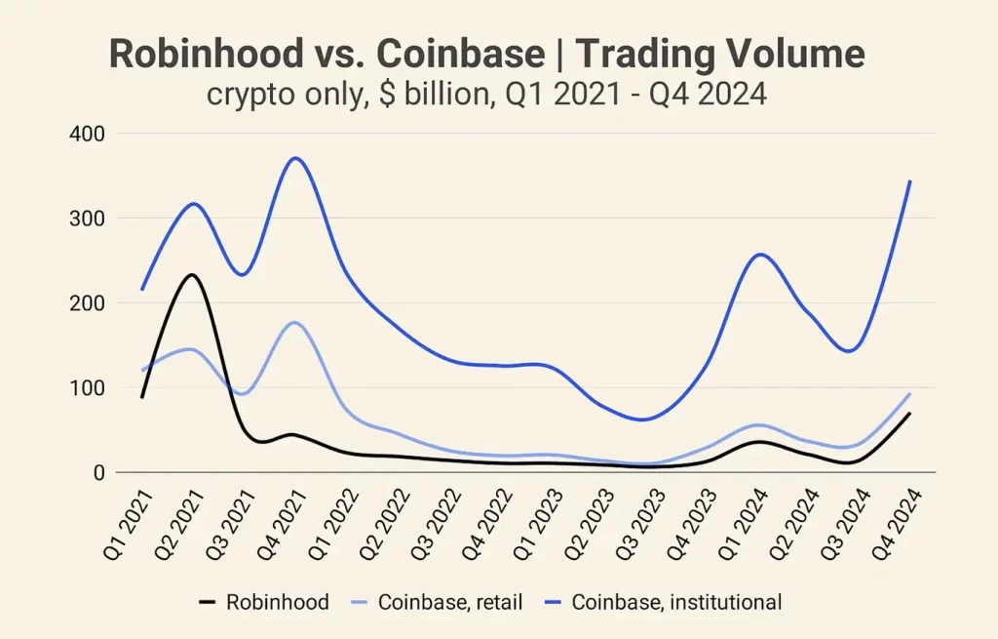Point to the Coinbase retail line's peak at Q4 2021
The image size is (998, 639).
coord(295,322)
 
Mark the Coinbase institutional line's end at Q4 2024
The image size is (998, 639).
coord(910,180)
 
